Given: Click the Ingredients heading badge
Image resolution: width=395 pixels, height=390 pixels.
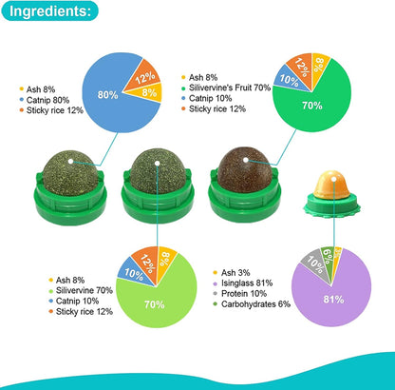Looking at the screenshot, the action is pos(49,10).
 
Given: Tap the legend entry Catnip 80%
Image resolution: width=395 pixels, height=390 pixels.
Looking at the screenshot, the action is pos(45,100).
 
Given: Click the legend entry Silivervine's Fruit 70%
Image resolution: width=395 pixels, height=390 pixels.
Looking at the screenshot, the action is pos(226,88).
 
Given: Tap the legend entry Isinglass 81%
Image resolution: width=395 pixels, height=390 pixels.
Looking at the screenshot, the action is pos(243,283).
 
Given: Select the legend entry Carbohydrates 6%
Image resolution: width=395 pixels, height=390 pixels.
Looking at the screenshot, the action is pos(252,304).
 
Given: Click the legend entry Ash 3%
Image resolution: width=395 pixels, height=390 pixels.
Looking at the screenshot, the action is pos(232,273).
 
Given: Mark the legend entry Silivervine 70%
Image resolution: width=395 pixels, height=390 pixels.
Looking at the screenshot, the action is pos(81,291).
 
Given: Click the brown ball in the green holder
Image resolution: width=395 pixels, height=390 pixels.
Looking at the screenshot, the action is pos(244,170).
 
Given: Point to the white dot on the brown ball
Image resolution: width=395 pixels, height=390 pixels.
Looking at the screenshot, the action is pos(246,160).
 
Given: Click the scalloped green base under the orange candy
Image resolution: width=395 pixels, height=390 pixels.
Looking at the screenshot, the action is pos(331,206).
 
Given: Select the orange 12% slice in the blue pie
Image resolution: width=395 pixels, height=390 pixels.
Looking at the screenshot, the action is pos(144,76).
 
